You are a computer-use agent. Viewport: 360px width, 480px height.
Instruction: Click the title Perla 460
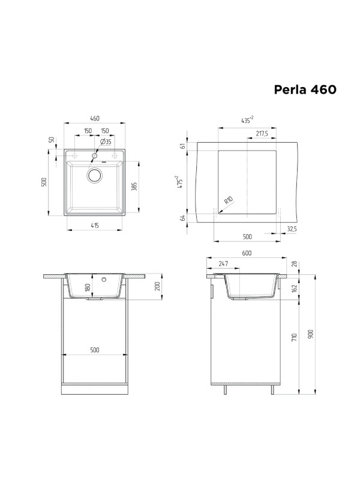point(305,89)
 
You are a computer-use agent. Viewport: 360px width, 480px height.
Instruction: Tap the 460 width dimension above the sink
point(95,118)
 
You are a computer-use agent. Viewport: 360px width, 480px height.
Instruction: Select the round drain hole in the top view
point(95,175)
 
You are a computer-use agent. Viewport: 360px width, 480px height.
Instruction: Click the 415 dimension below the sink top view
point(95,226)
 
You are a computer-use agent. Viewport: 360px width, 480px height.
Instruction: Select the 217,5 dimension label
point(262,133)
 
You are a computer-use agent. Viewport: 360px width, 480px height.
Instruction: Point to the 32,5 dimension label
point(292,229)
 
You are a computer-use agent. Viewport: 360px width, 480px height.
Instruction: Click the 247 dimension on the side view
point(223,263)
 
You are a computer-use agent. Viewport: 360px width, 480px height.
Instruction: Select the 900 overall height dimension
point(311,334)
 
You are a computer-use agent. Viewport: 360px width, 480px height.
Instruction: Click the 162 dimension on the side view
point(293,289)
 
